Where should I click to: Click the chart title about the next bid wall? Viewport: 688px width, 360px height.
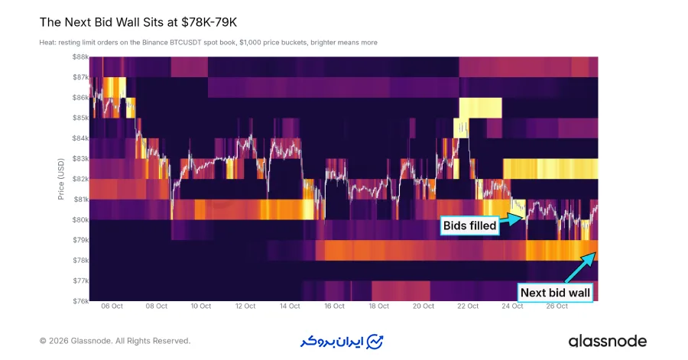pyautogui.click(x=138, y=22)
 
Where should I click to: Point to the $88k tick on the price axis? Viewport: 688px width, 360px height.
pyautogui.click(x=81, y=57)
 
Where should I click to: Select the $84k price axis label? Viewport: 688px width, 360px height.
pyautogui.click(x=81, y=138)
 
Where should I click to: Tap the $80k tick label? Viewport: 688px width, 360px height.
pyautogui.click(x=81, y=219)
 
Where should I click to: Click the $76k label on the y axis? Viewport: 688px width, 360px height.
pyautogui.click(x=81, y=301)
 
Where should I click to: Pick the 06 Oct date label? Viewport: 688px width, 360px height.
pyautogui.click(x=112, y=306)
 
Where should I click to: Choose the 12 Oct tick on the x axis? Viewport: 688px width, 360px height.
pyautogui.click(x=245, y=306)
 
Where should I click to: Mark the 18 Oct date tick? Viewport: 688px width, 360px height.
pyautogui.click(x=378, y=306)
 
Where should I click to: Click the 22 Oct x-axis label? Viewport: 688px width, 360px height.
pyautogui.click(x=468, y=306)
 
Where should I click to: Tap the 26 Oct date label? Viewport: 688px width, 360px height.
pyautogui.click(x=557, y=306)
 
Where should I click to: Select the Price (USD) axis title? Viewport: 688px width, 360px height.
pyautogui.click(x=61, y=179)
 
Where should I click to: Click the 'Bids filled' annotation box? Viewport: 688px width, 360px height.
pyautogui.click(x=469, y=225)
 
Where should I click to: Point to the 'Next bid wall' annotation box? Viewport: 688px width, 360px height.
pyautogui.click(x=555, y=293)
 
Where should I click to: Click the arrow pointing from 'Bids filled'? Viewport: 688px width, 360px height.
pyautogui.click(x=512, y=219)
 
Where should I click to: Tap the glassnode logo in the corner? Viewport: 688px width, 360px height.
pyautogui.click(x=607, y=341)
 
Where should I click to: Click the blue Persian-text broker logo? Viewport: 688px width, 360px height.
pyautogui.click(x=342, y=342)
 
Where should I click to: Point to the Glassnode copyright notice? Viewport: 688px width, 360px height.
pyautogui.click(x=115, y=341)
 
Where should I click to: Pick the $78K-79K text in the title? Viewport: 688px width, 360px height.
pyautogui.click(x=209, y=22)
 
